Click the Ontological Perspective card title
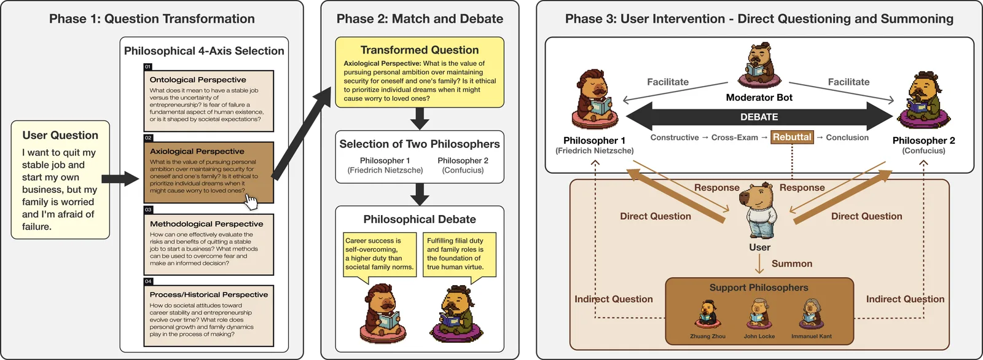click(x=198, y=79)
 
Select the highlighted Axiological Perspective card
click(x=209, y=172)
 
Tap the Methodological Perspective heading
click(x=206, y=224)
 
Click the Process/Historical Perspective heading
click(x=209, y=295)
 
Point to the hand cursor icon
click(x=251, y=202)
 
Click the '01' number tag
click(x=148, y=67)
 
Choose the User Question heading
click(x=60, y=135)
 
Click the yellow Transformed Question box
click(x=420, y=72)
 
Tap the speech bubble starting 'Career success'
click(x=380, y=257)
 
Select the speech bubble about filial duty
click(x=460, y=257)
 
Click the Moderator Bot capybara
click(x=759, y=66)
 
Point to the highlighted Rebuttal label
click(x=792, y=137)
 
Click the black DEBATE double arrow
click(x=759, y=117)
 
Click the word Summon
click(x=792, y=264)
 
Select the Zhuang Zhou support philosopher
click(x=707, y=315)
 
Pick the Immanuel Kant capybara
click(x=811, y=315)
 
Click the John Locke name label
click(x=759, y=336)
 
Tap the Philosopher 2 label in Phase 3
click(x=924, y=141)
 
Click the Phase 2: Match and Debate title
click(x=420, y=19)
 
